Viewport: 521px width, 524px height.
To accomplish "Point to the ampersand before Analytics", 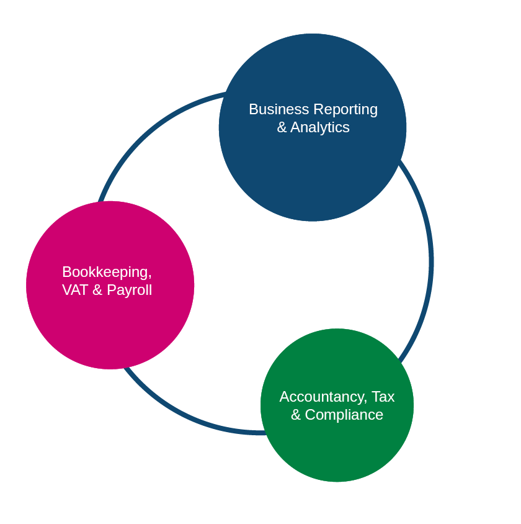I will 282,127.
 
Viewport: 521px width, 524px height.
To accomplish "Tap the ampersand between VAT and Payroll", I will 97,290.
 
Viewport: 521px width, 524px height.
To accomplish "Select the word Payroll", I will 129,291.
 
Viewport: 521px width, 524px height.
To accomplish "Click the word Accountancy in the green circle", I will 323,397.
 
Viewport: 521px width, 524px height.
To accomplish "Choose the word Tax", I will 383,397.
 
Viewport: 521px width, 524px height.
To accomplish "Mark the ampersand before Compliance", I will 296,415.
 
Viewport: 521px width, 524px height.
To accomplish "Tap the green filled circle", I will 337,447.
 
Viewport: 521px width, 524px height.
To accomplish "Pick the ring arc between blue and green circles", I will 430,261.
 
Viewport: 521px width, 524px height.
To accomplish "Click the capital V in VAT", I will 66,290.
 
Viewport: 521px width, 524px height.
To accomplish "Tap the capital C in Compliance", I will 310,415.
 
